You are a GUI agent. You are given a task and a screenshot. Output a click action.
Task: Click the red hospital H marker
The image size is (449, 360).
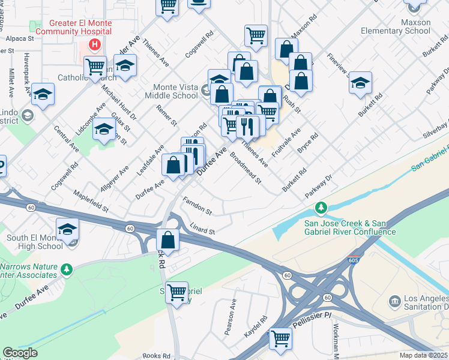tap(94, 44)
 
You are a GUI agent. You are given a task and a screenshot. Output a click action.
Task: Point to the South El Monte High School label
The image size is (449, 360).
tap(35, 242)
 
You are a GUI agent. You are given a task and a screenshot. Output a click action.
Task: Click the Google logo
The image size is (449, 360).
tap(20, 353)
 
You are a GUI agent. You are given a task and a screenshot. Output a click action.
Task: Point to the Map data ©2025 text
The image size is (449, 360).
tap(423, 355)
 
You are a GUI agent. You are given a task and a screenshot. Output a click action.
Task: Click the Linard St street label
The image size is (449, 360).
tap(202, 230)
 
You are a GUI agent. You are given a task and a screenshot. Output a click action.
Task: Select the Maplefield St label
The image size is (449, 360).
tap(90, 202)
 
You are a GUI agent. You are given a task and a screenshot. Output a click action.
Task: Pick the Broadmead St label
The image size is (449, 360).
tap(246, 168)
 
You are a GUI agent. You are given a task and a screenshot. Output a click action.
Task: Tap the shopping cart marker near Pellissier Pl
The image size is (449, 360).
tap(280, 338)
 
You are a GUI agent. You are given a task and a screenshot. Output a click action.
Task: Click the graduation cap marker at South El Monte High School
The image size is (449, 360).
tap(67, 229)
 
